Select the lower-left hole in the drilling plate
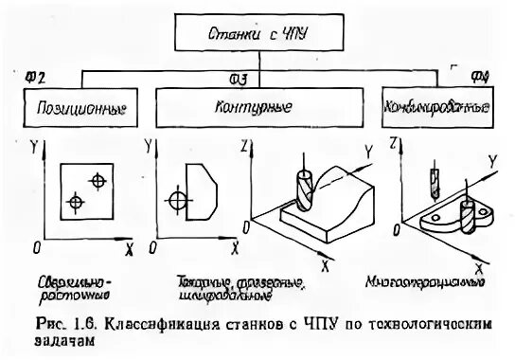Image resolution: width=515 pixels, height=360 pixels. click(76, 201)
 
